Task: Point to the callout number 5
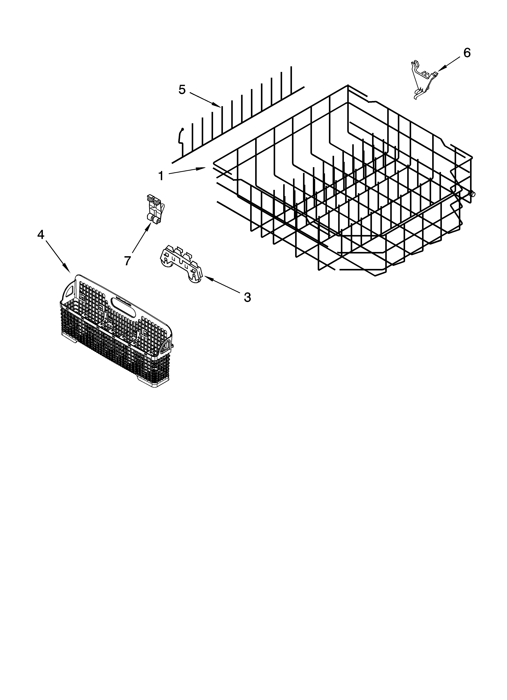(x=182, y=90)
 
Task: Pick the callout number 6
(x=467, y=53)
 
